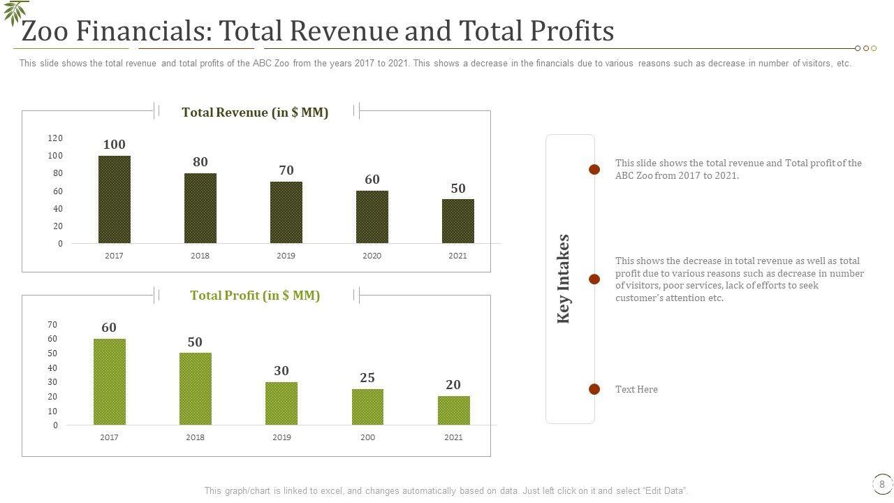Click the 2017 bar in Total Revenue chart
pos(114,199)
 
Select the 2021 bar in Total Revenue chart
pos(457,221)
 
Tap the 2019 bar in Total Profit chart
pos(281,403)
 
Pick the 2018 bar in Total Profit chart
pos(195,388)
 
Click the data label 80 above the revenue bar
pos(200,162)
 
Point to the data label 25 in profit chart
pos(367,378)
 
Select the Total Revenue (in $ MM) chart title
pos(255,112)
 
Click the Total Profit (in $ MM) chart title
pos(255,296)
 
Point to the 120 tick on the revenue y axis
pos(55,138)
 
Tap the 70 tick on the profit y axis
pos(52,325)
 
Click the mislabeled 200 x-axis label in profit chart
pos(367,437)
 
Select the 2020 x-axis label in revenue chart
pos(372,256)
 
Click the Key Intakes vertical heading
pos(564,279)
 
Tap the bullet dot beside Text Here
pos(594,389)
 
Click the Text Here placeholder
pos(636,389)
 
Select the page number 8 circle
pos(882,484)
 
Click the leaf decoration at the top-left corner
pos(15,12)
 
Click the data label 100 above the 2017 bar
pos(114,145)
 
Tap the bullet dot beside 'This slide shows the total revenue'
pos(594,169)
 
